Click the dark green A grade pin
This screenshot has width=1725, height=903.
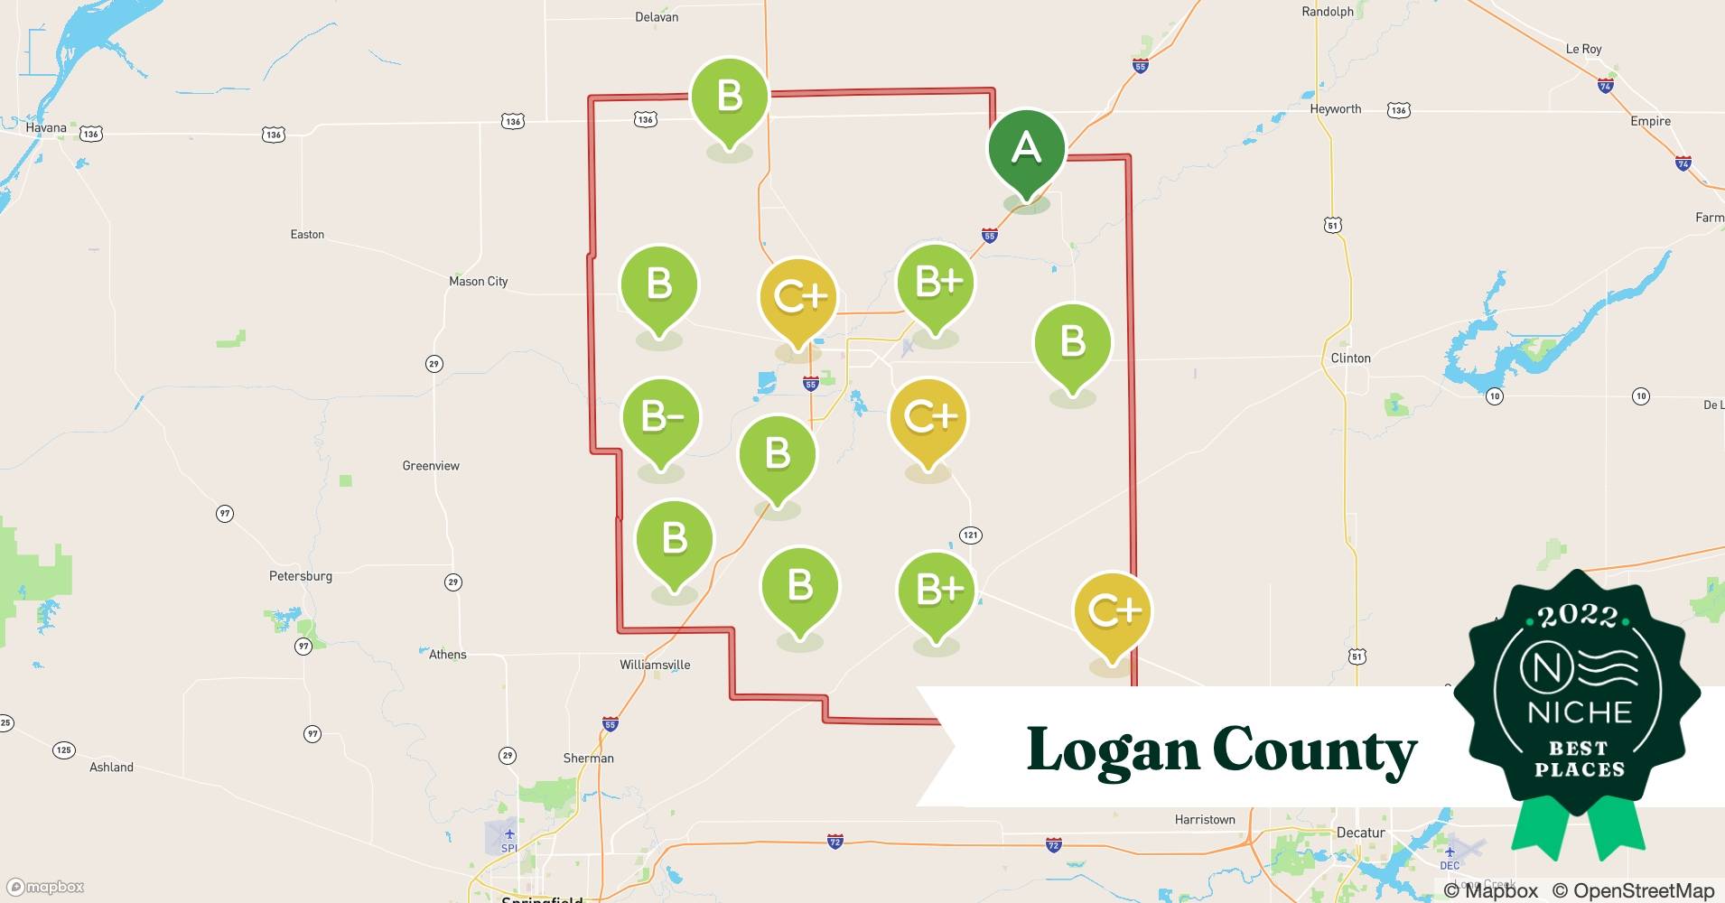click(1026, 149)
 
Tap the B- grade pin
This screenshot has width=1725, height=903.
click(661, 417)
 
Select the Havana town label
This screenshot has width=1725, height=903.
click(46, 128)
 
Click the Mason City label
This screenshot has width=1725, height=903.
click(479, 282)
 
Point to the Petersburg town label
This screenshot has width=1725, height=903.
click(301, 576)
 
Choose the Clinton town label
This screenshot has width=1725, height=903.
click(1351, 358)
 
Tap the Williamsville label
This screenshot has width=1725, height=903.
click(655, 665)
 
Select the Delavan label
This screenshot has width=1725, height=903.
click(657, 17)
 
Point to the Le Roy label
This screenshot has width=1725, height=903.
click(1584, 49)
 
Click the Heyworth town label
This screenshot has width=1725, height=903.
click(1336, 109)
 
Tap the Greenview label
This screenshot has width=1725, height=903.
click(431, 466)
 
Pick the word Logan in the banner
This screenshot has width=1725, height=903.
click(1113, 750)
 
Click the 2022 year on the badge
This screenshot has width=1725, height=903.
click(1578, 616)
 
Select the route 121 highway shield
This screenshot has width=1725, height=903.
click(971, 535)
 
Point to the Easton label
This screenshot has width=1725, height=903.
click(307, 235)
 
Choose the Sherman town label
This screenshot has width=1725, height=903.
click(589, 759)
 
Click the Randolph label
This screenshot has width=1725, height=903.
click(1328, 12)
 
